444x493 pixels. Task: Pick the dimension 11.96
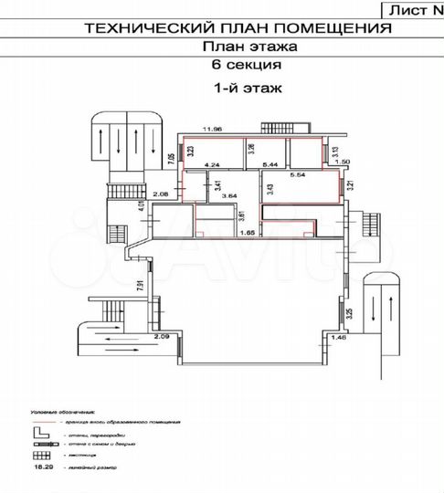click(x=213, y=128)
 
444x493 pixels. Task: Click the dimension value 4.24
click(x=215, y=164)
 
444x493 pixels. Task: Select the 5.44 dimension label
click(x=270, y=164)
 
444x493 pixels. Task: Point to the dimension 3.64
click(x=229, y=194)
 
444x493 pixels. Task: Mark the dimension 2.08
click(x=162, y=194)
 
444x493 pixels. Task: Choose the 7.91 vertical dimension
click(x=141, y=286)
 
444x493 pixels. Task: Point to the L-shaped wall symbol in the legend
click(x=39, y=433)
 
